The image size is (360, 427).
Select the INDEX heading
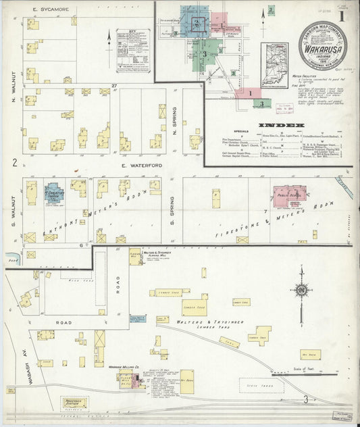coord(282,125)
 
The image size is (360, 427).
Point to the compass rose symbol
coord(301,292)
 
